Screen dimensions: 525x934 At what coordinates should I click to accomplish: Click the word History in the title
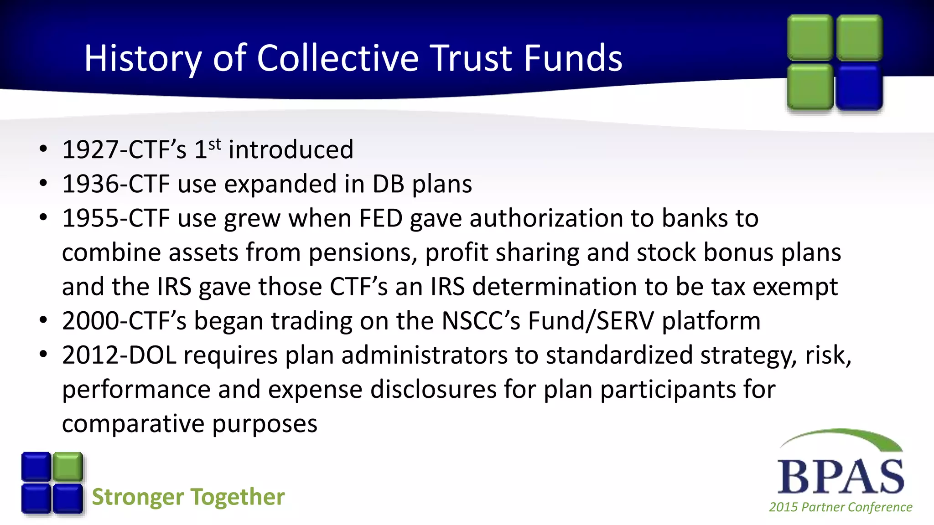pos(143,58)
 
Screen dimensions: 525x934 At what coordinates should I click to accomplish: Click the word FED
pos(381,218)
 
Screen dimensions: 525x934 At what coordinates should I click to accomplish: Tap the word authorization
pos(546,218)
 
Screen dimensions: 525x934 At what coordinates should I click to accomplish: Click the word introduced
pos(291,149)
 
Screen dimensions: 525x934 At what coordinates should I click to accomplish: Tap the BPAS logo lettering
pos(841,476)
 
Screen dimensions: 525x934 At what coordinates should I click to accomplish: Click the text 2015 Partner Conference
pos(841,507)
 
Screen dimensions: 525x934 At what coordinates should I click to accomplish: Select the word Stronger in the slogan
pos(137,497)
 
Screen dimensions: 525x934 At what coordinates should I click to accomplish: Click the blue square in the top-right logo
pos(859,87)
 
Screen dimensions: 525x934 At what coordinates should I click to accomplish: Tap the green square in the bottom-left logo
pos(68,466)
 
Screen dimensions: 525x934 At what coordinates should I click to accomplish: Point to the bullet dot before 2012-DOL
pos(43,355)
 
